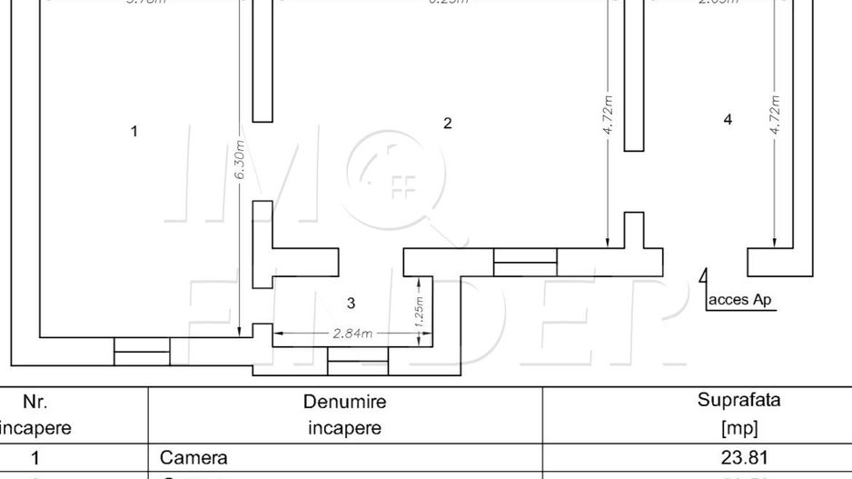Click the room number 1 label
click(134, 132)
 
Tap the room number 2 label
click(447, 124)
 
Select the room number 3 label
click(352, 303)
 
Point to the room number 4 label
click(728, 120)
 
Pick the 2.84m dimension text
click(352, 334)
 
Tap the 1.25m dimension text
click(419, 312)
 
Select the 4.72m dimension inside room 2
click(608, 115)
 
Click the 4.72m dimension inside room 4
click(775, 115)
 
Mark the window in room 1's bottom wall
click(142, 351)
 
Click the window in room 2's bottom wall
click(525, 262)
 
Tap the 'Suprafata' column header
click(738, 400)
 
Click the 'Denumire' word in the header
click(344, 401)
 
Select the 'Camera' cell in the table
click(193, 457)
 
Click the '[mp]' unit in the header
click(738, 428)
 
